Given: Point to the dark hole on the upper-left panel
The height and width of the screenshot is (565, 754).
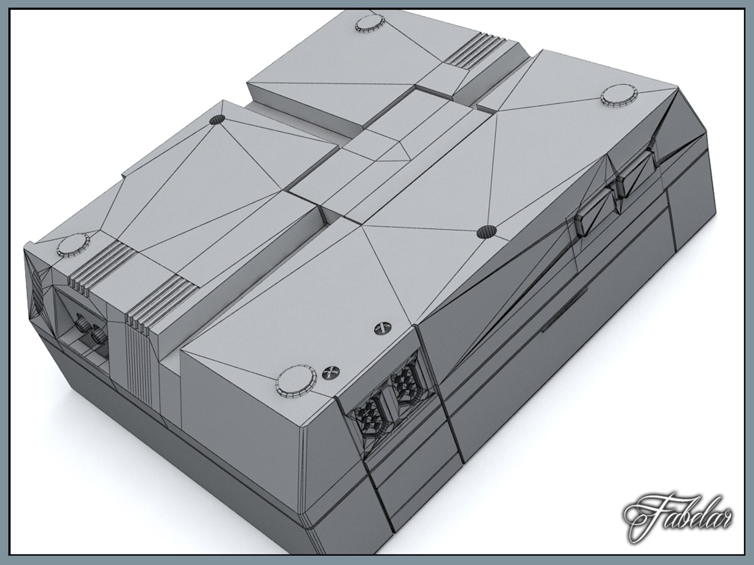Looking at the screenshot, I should point(217,120).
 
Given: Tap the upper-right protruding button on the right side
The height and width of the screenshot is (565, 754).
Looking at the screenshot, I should point(635,175).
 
